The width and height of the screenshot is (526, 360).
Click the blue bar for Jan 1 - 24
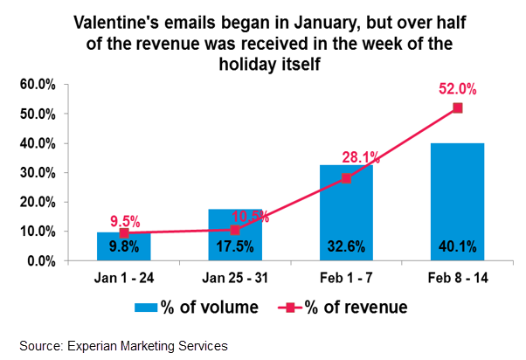123,246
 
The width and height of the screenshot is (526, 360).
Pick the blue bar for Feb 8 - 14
457,201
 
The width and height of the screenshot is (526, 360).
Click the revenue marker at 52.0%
457,108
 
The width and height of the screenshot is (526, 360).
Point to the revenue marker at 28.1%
346,178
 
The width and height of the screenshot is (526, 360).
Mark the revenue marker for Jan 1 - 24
124,233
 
